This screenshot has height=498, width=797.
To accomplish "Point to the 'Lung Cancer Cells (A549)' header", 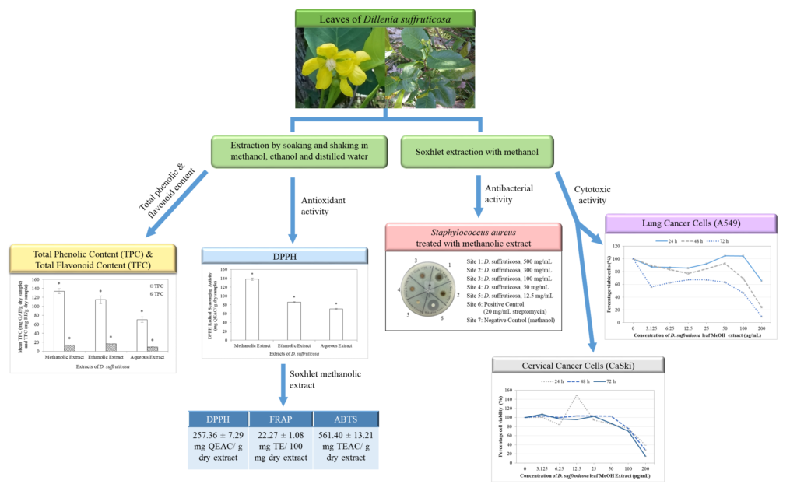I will pos(690,223).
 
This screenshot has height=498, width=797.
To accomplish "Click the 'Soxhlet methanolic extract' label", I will pos(333,379).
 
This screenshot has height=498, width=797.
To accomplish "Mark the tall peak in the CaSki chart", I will pos(576,396).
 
